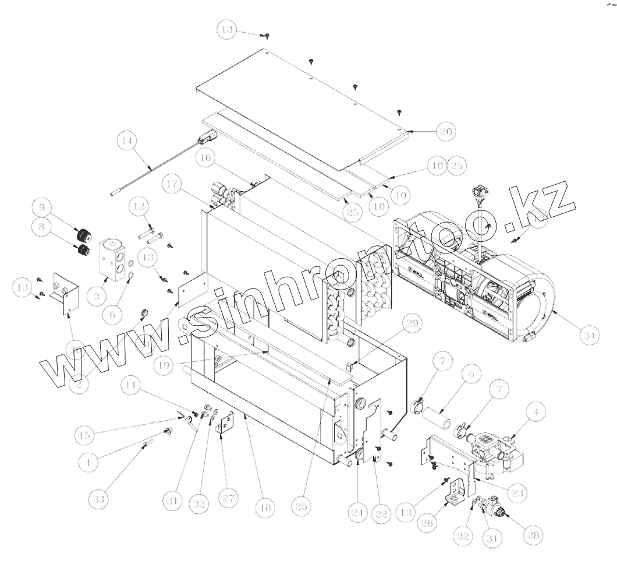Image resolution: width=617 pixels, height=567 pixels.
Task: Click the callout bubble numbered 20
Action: [446, 131]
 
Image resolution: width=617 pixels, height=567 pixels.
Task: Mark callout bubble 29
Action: [412, 325]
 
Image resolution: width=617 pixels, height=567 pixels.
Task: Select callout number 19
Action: [165, 365]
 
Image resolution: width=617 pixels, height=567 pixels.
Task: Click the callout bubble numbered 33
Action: [100, 500]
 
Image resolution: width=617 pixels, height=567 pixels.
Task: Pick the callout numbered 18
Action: [265, 508]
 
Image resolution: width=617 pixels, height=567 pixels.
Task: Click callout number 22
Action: [381, 513]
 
